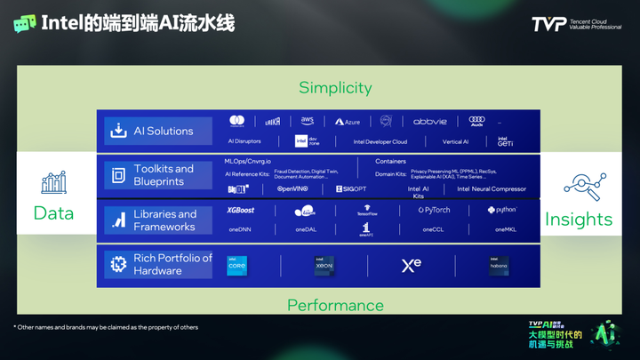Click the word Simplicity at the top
335,87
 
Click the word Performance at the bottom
335,306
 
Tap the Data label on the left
53,213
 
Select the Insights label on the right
579,219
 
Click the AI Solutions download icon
118,132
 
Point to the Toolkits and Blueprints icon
118,175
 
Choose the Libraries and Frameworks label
164,220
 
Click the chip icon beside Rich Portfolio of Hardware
117,265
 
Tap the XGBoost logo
241,211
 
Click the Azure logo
348,121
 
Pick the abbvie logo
431,121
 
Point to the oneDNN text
241,229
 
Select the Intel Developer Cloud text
380,141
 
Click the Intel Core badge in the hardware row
237,265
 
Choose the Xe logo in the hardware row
411,265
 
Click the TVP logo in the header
549,24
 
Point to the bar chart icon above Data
53,183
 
